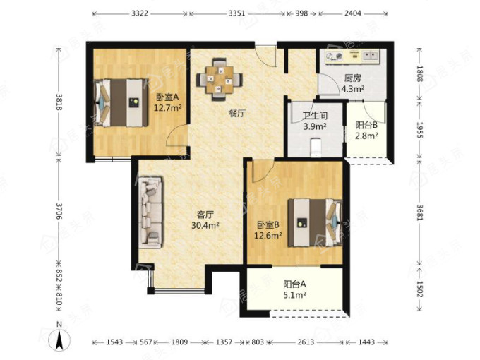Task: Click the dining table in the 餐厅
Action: [x=220, y=79]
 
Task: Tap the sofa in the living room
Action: [x=150, y=212]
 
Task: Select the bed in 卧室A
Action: [x=121, y=103]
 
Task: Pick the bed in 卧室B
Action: [x=315, y=222]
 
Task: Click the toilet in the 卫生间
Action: [x=316, y=148]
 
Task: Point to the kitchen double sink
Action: [x=371, y=55]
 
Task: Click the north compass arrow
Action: [x=60, y=339]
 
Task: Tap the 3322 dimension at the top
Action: [x=140, y=13]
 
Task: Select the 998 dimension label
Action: [x=301, y=13]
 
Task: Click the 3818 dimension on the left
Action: [x=59, y=102]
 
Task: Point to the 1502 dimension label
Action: [x=420, y=289]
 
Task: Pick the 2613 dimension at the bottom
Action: [x=306, y=342]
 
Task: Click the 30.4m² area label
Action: [x=205, y=225]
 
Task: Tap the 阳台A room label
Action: [x=294, y=284]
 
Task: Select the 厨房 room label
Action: [x=353, y=78]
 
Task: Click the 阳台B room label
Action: [x=366, y=125]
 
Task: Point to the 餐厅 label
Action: [x=238, y=114]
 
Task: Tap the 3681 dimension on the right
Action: [x=420, y=212]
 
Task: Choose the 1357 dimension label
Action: [x=224, y=342]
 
